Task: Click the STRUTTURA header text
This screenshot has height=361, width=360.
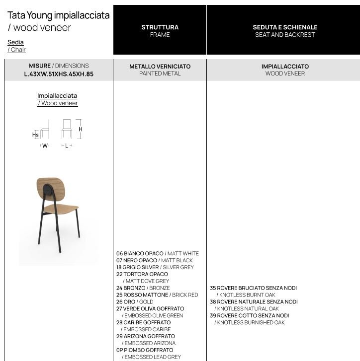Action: (160, 27)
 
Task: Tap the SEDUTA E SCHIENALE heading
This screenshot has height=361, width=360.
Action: (285, 27)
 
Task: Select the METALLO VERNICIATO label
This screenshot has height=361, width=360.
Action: (160, 66)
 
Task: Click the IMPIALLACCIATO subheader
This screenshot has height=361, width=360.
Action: (285, 66)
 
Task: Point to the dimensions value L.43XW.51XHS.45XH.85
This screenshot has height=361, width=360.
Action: (59, 74)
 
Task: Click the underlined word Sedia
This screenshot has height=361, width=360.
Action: (15, 42)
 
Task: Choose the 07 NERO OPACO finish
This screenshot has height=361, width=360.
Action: (137, 260)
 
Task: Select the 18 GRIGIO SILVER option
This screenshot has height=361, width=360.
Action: (138, 267)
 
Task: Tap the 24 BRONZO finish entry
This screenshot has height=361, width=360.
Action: (131, 288)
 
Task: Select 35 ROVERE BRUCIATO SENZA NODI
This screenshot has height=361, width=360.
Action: (253, 288)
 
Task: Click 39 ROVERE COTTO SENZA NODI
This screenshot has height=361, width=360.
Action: (249, 316)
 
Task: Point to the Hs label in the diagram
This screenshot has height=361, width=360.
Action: (35, 135)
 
